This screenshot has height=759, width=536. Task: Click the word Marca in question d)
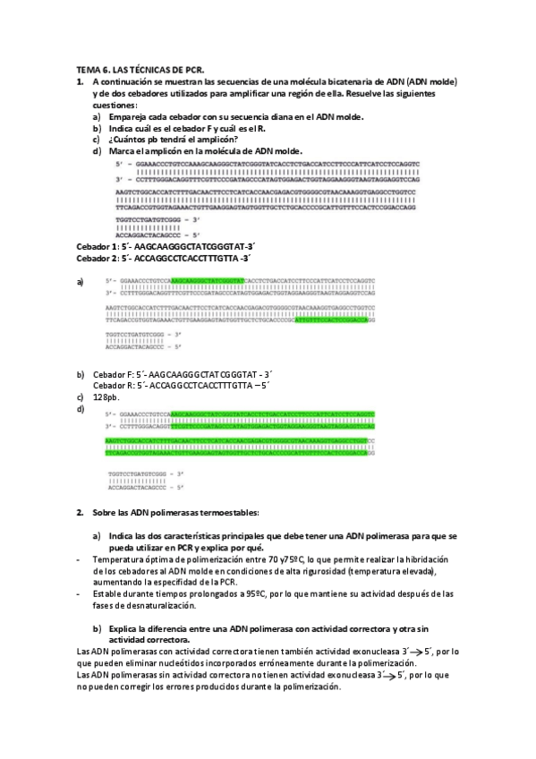tap(121, 150)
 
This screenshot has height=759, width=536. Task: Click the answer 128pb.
tap(106, 397)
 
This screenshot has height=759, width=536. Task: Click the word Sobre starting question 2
tap(106, 512)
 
